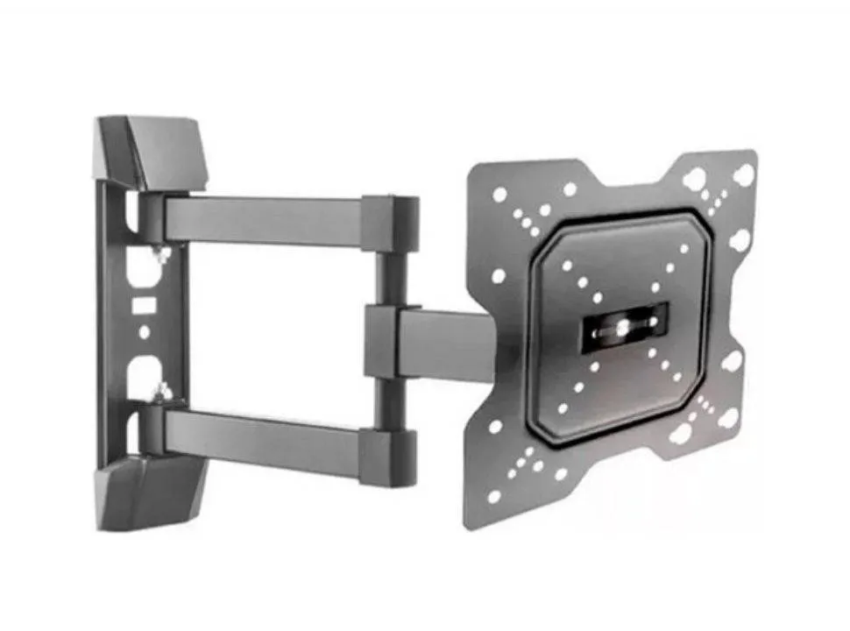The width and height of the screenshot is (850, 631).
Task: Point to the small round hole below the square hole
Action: [145, 332]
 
